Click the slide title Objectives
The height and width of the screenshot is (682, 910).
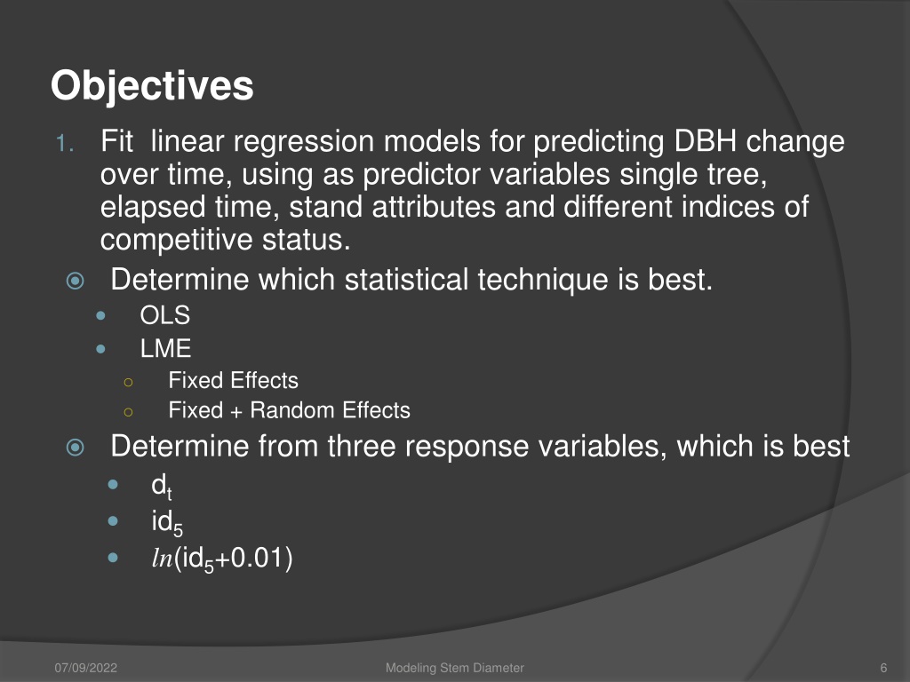pyautogui.click(x=152, y=87)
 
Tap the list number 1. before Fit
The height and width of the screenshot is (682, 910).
pyautogui.click(x=65, y=143)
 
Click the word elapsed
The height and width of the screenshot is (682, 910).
pyautogui.click(x=153, y=208)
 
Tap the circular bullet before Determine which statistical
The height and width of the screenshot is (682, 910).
pyautogui.click(x=76, y=282)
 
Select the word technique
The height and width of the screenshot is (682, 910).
pyautogui.click(x=543, y=280)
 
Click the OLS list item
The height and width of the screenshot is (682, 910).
pyautogui.click(x=164, y=315)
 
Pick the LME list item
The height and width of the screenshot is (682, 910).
pyautogui.click(x=165, y=348)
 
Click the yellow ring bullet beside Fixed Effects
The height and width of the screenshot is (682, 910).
pyautogui.click(x=128, y=382)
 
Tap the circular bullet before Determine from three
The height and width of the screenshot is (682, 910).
pyautogui.click(x=76, y=448)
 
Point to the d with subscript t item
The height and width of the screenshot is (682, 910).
pyautogui.click(x=162, y=486)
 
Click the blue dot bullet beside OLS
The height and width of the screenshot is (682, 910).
pyautogui.click(x=101, y=316)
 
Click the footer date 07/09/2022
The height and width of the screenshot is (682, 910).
pyautogui.click(x=86, y=668)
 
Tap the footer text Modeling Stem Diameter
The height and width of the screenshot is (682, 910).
pyautogui.click(x=455, y=668)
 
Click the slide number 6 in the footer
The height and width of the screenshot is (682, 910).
pyautogui.click(x=884, y=668)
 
